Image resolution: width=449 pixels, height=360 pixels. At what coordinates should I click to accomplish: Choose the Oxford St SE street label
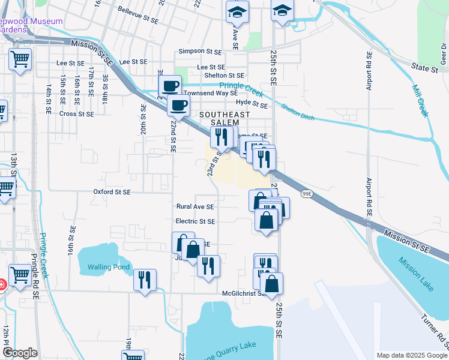pos(112,192)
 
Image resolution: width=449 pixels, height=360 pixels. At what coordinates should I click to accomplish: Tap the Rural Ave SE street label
pos(195,206)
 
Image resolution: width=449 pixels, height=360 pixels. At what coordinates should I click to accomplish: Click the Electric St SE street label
pos(195,221)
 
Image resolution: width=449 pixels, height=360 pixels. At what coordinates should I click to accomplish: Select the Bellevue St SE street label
pos(138,20)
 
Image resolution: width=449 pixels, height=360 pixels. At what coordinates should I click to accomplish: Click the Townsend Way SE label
pos(210,93)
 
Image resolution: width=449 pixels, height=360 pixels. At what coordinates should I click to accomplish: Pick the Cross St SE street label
pos(76,113)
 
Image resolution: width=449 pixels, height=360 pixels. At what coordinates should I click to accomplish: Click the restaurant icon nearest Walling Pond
pos(145,280)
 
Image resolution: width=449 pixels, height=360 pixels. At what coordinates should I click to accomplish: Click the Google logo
pos(20,353)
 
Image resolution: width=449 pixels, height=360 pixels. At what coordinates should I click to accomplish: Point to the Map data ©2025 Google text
pos(411,355)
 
